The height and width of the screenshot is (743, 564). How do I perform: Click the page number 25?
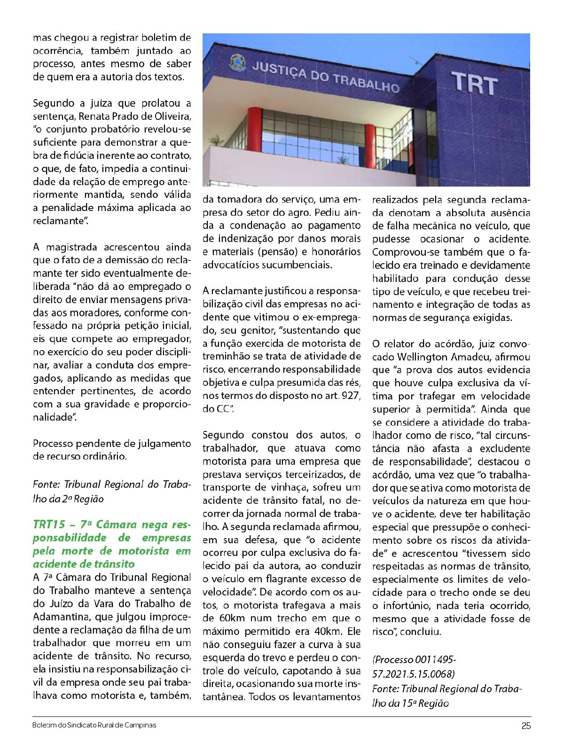point(526,726)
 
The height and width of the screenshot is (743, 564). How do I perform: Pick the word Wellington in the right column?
point(420,357)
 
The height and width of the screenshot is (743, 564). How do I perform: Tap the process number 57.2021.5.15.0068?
point(414,674)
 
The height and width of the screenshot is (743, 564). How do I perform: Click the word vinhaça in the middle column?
point(293,487)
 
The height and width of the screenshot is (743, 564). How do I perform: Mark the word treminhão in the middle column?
point(227,356)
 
